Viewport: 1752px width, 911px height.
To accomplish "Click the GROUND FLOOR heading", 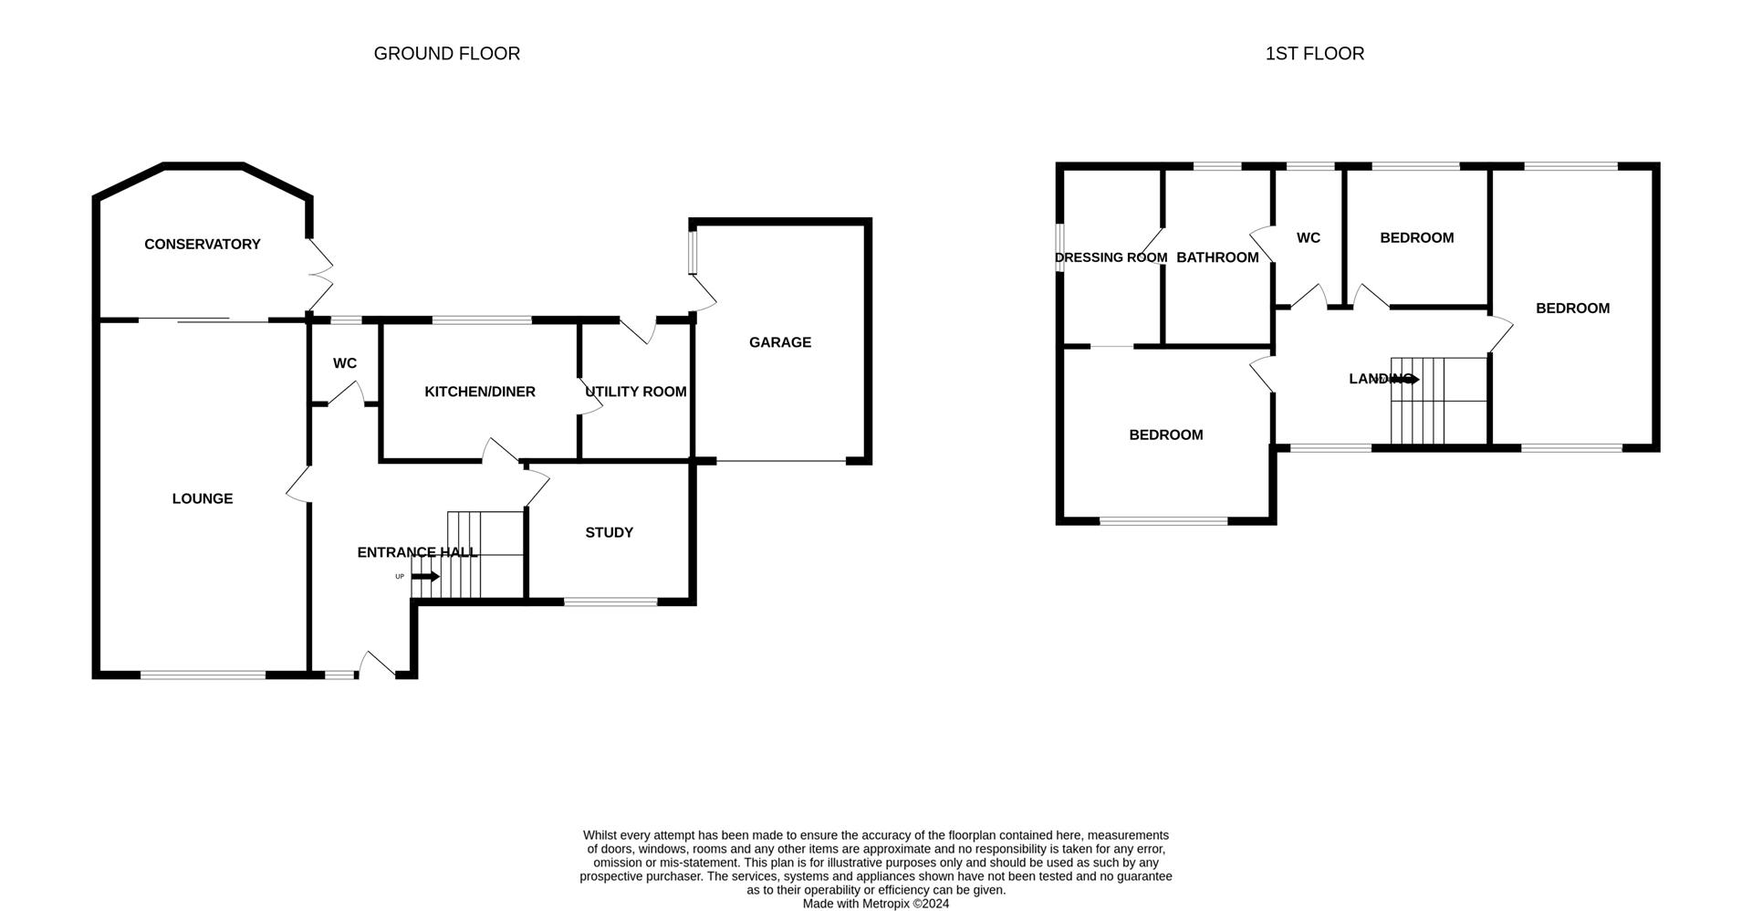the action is coord(447,54).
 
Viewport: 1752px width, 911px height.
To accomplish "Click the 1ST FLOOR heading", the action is coord(1315,54).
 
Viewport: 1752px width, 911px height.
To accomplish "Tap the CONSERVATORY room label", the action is coord(203,244).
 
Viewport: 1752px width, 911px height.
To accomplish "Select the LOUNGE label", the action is coord(203,498).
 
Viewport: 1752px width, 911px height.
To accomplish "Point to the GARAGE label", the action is coord(780,342).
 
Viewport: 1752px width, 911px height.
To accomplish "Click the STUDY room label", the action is coord(610,532).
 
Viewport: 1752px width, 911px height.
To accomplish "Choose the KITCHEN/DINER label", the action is coord(480,392).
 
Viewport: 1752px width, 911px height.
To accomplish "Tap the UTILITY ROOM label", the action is coord(636,392).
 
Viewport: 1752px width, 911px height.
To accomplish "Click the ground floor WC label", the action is coord(345,363).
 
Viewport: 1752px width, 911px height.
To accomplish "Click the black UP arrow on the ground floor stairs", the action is coord(426,577).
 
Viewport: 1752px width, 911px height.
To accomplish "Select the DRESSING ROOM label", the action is coord(1111,257).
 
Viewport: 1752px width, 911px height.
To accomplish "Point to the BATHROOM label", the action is coord(1218,257).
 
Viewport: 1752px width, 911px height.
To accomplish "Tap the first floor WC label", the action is coord(1309,237).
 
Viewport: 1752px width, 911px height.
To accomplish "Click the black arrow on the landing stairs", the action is coord(1405,379).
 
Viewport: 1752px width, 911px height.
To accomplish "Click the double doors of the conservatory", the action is coord(320,274).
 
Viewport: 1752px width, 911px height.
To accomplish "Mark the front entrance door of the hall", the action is coord(378,665).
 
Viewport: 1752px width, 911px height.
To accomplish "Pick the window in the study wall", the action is coord(610,602).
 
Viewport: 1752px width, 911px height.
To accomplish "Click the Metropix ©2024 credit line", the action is coord(876,904).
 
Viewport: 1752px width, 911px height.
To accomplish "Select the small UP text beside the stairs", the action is coord(400,577).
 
